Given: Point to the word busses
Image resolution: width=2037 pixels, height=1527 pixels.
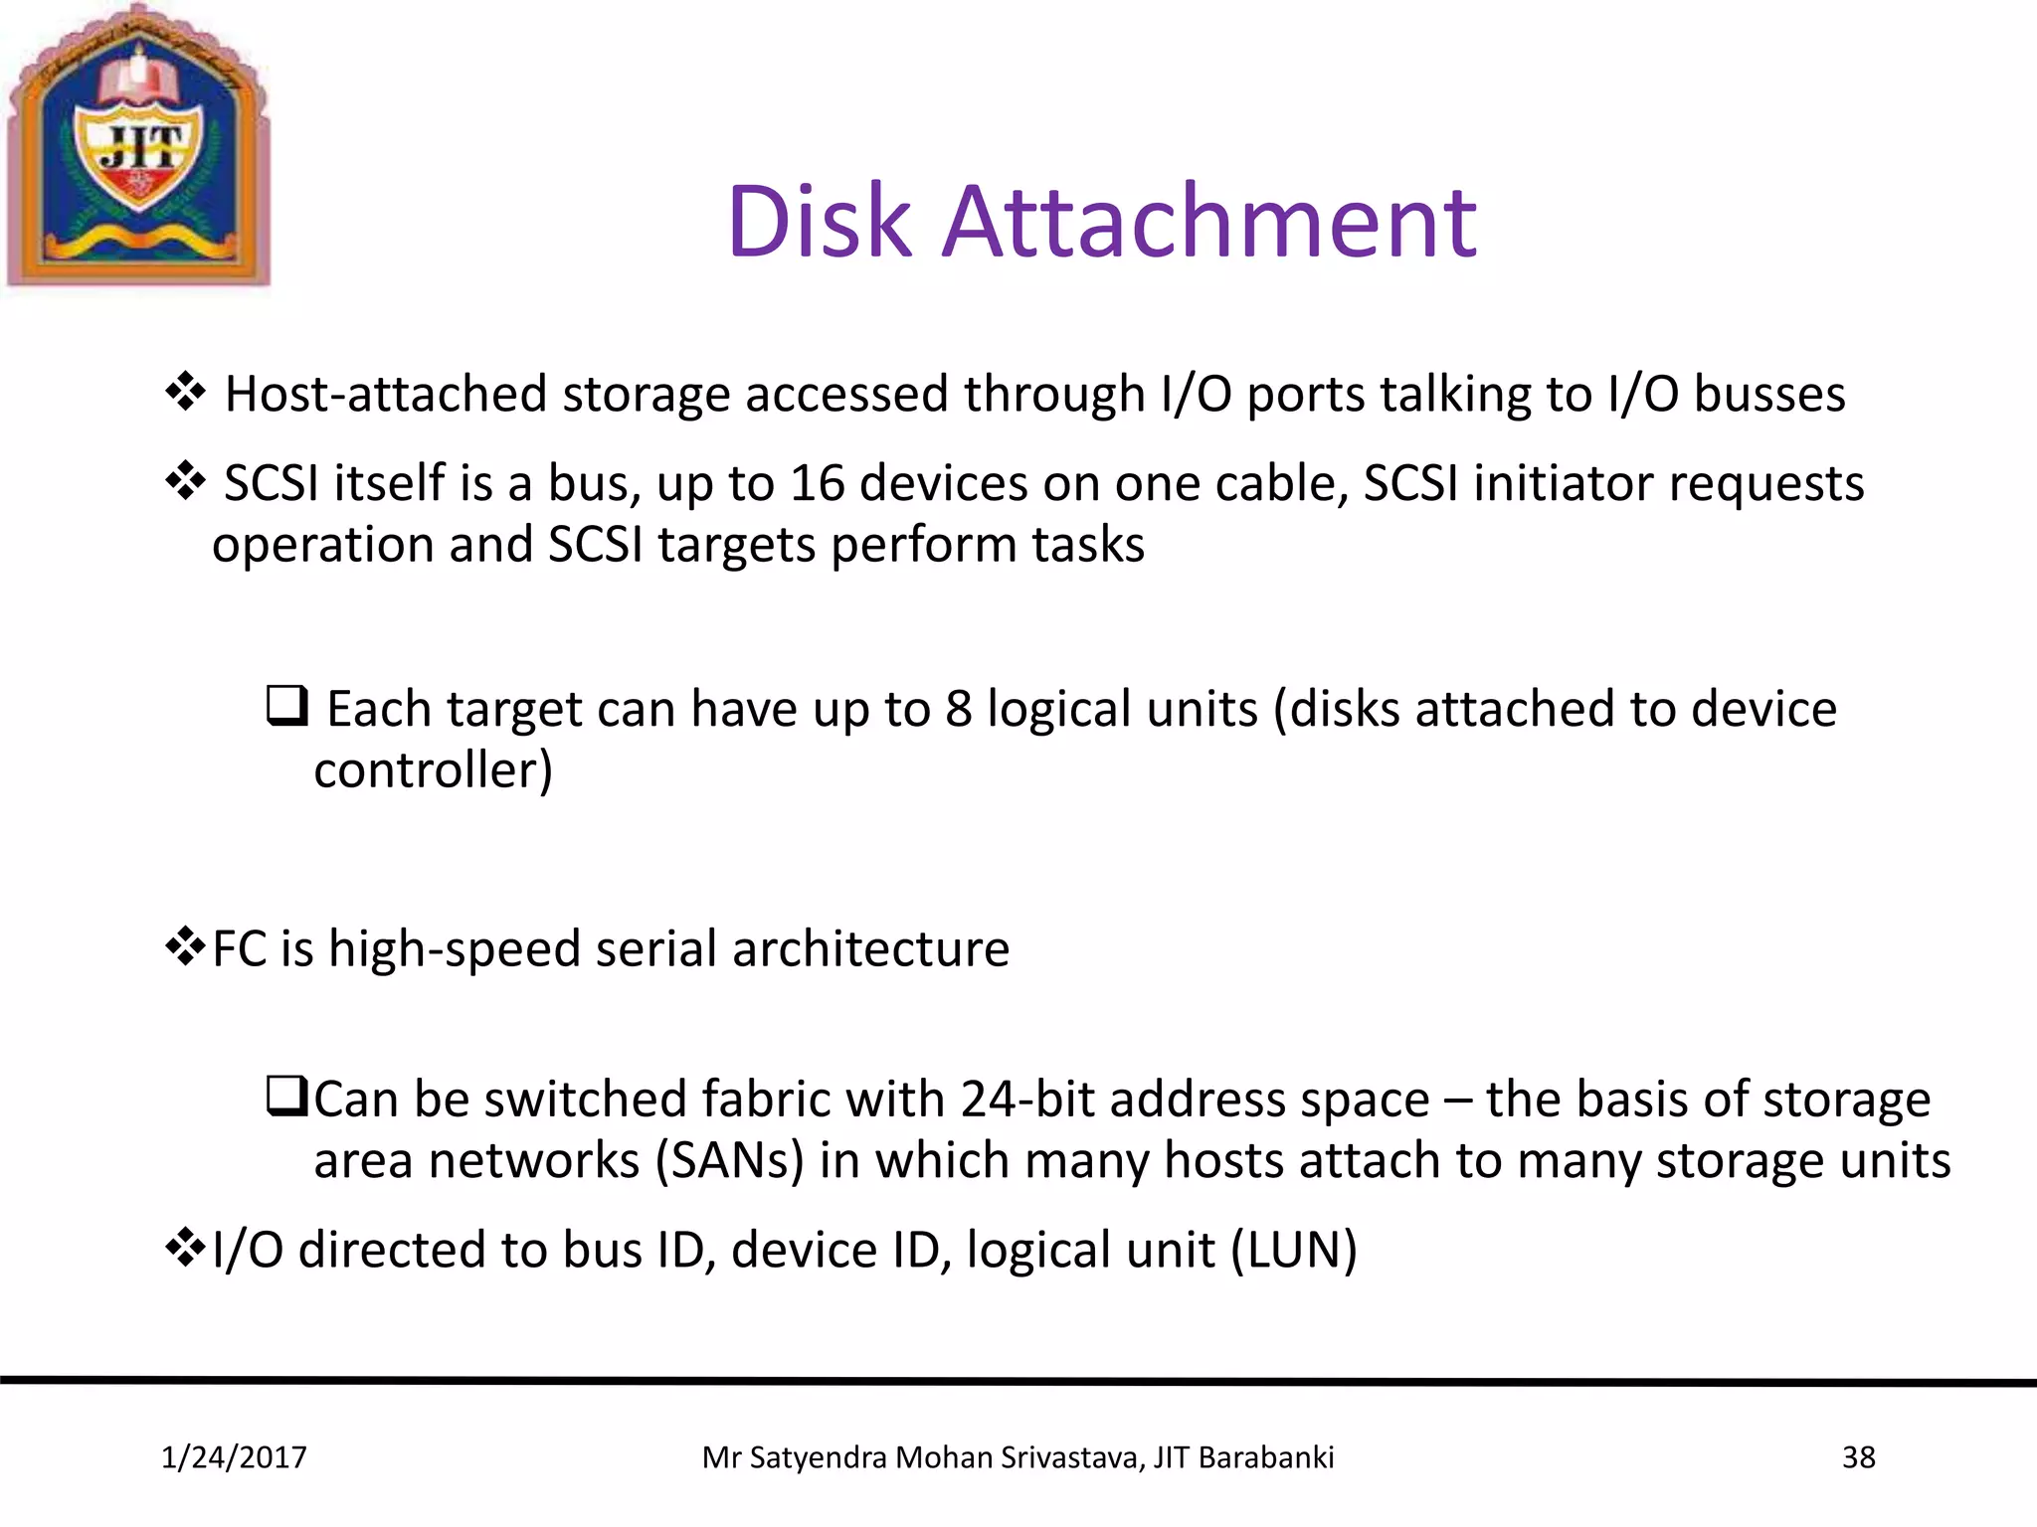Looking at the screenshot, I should (1769, 394).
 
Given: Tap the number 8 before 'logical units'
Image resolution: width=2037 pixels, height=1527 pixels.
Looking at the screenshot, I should (958, 710).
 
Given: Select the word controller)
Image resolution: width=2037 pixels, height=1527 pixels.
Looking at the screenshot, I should (433, 770).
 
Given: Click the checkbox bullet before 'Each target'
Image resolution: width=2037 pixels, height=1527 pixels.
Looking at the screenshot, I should (286, 706).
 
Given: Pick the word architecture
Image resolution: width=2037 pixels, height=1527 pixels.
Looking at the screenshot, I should (870, 948).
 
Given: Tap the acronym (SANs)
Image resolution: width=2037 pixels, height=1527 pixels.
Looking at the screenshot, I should (729, 1161).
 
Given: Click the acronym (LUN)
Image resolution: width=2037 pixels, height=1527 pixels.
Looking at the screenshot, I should (1293, 1251).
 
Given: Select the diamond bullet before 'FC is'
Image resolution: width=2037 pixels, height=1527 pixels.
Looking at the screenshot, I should (185, 945).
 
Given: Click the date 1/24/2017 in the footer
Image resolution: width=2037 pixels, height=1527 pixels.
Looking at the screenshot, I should (234, 1457).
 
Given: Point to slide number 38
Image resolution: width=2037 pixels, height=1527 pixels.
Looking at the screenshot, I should (1858, 1457).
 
